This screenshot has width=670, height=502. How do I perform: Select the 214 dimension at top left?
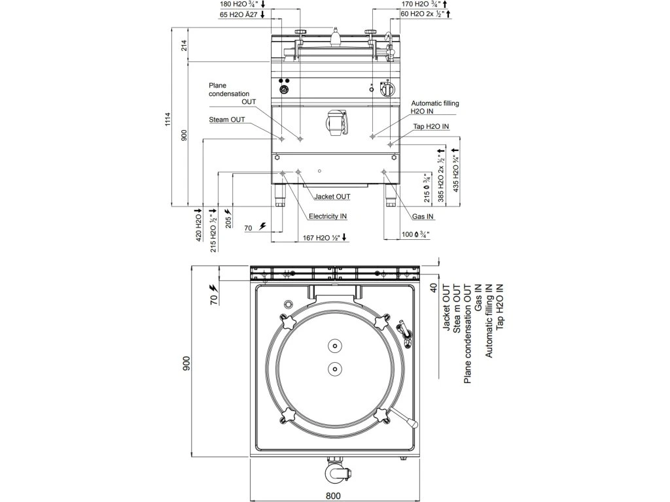(184, 45)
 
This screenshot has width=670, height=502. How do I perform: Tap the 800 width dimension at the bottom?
(333, 495)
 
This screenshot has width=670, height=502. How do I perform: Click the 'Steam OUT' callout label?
(227, 120)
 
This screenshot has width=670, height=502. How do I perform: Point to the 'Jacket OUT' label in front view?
(332, 196)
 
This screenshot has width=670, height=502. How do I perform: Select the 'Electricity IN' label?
(328, 216)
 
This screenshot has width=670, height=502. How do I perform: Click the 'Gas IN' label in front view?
(423, 216)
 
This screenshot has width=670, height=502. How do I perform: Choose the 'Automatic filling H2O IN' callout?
(435, 107)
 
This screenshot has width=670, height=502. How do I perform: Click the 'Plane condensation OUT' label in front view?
(229, 93)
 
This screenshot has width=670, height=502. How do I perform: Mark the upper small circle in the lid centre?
(334, 346)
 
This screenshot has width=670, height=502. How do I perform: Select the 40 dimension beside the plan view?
(432, 289)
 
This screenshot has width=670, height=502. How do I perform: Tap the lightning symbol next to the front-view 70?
(263, 226)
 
